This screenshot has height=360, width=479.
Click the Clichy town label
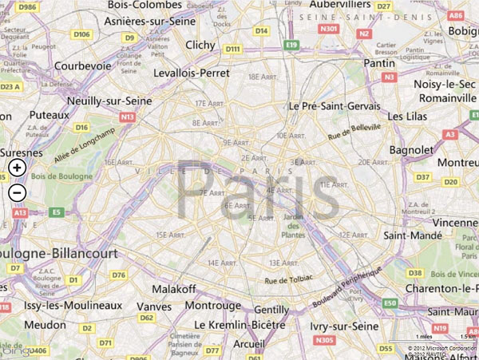200,45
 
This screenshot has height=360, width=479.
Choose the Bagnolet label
410,150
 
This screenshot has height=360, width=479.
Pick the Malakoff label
173,288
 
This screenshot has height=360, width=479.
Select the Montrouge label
219,306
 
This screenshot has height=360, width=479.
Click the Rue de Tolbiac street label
287,280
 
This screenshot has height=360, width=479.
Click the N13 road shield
127,117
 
